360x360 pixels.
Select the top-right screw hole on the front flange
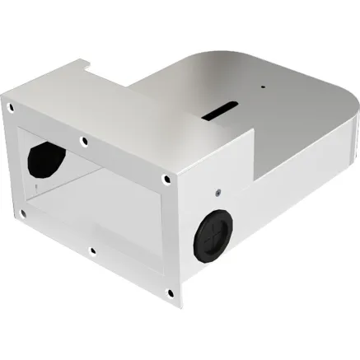[x=167, y=178]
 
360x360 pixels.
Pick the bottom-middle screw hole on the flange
[x=93, y=250]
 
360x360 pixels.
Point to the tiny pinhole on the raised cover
[x=263, y=86]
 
